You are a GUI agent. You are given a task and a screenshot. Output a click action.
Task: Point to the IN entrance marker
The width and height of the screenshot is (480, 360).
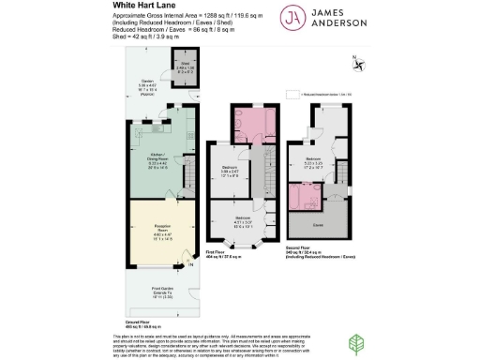[x=190, y=265]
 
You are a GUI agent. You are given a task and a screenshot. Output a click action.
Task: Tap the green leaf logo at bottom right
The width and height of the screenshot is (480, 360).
[x=357, y=345]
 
